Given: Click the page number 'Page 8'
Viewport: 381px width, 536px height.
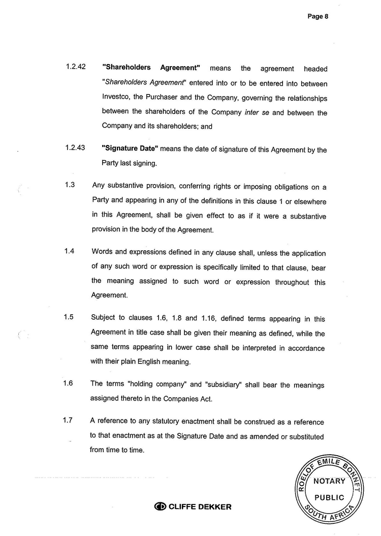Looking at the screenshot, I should pyautogui.click(x=318, y=16).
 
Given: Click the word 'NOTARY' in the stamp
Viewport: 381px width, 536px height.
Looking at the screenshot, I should pyautogui.click(x=329, y=481).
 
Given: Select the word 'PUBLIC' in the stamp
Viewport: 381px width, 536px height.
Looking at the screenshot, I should pyautogui.click(x=329, y=497).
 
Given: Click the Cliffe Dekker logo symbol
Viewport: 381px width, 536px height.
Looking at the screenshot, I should pyautogui.click(x=161, y=507).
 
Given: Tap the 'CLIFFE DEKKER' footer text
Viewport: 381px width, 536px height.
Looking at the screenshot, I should pyautogui.click(x=200, y=507).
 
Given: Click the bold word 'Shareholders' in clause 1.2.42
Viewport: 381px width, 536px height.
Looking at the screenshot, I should pyautogui.click(x=126, y=68).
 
